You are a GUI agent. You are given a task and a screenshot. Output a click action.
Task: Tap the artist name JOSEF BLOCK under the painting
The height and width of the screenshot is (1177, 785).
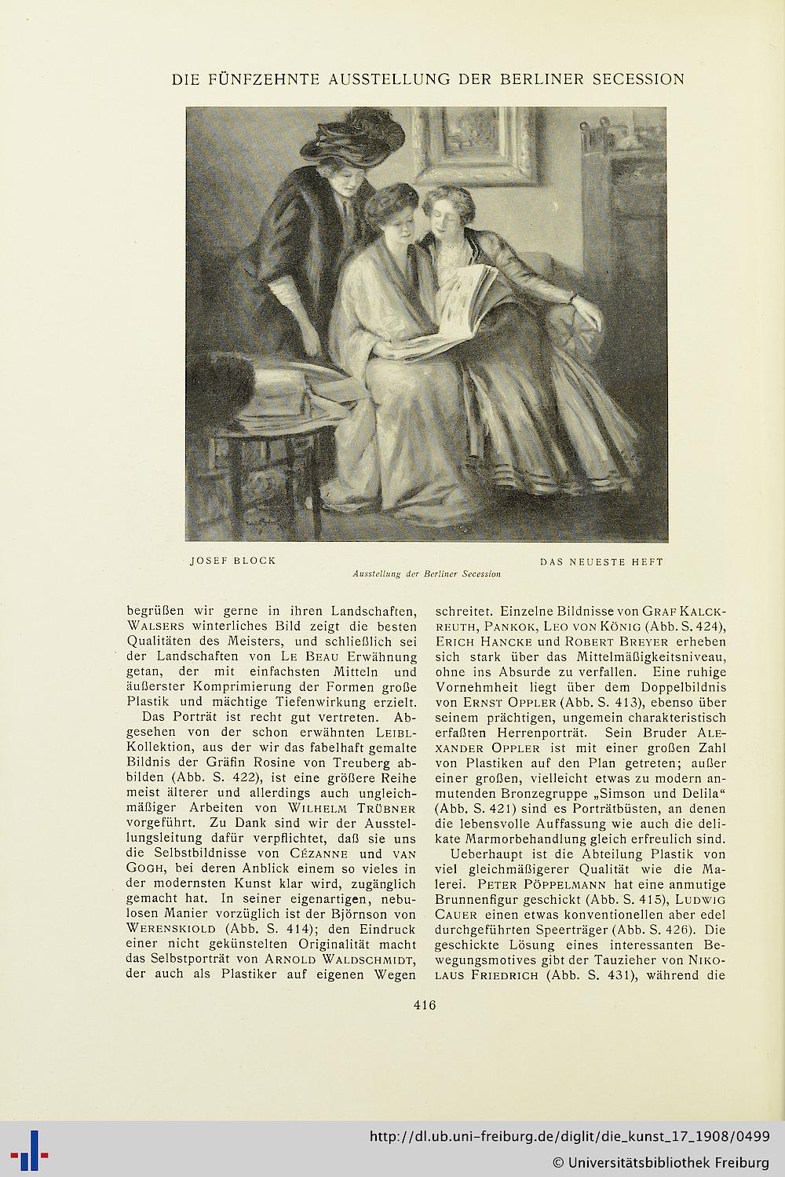pos(233,561)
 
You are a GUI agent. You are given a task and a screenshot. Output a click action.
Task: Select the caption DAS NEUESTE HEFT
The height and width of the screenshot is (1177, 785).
pos(601,562)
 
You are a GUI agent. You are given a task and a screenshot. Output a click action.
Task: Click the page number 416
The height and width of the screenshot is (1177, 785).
pos(424,1003)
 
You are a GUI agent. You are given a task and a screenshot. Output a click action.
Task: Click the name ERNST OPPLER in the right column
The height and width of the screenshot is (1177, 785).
pos(490,701)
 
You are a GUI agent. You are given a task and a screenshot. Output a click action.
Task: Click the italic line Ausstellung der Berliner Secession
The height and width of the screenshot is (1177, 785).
pos(427,574)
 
